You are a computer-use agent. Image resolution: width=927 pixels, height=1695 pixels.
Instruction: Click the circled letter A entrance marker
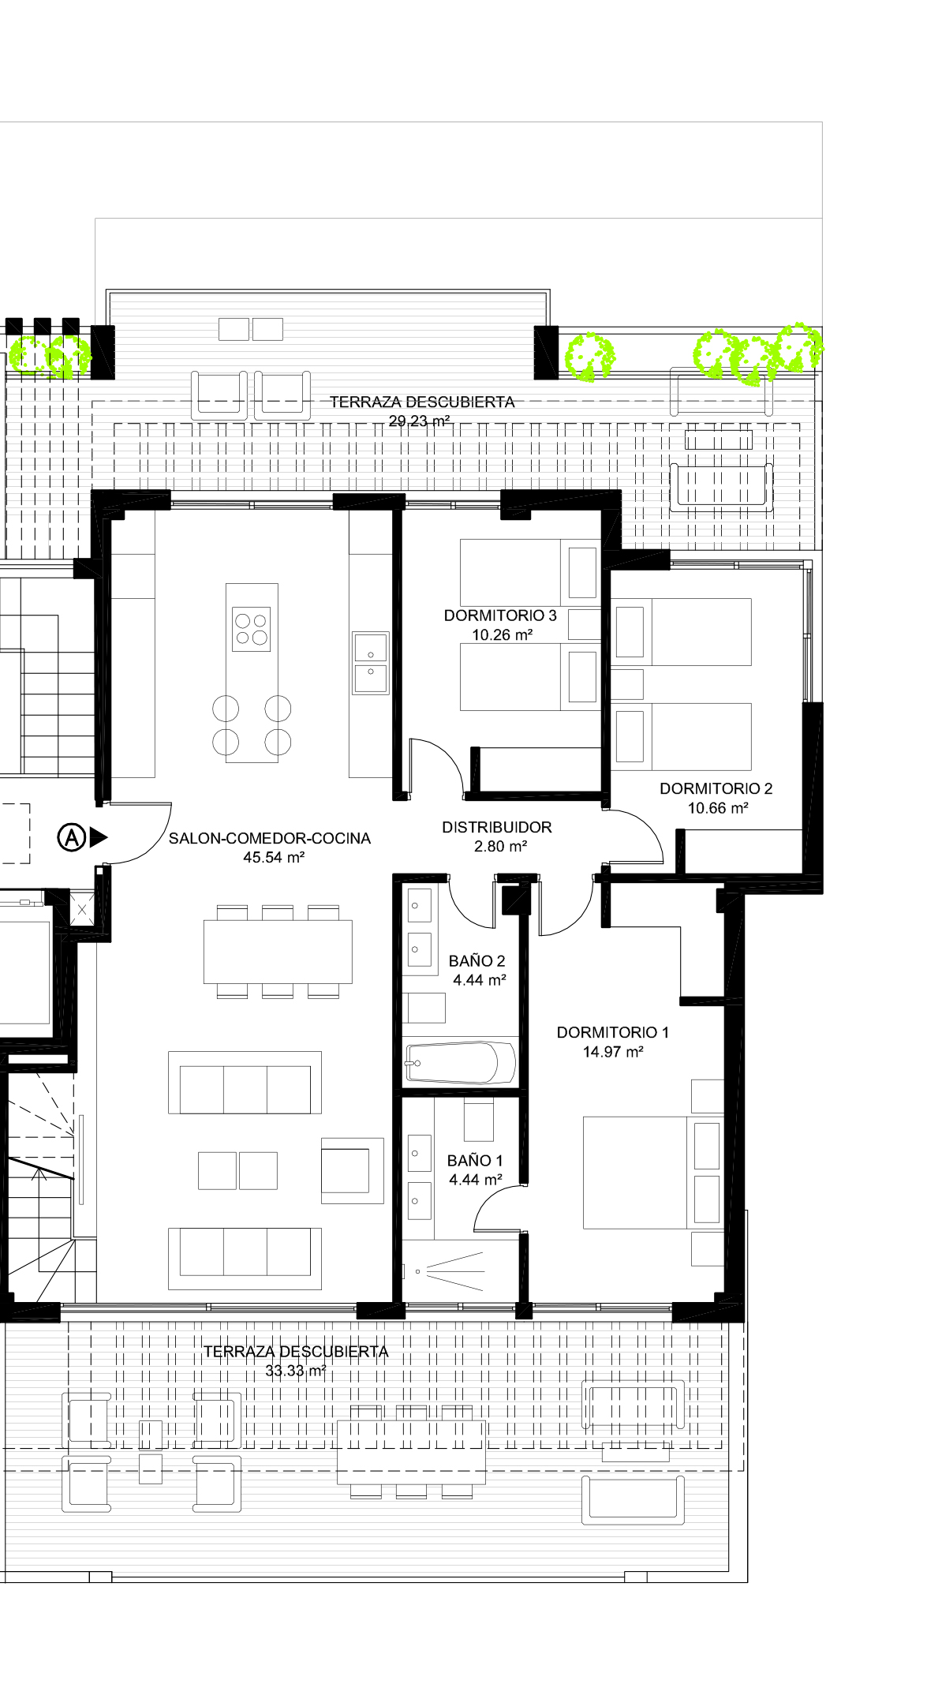coord(71,837)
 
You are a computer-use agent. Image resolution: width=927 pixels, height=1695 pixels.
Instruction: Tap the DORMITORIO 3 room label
coord(500,616)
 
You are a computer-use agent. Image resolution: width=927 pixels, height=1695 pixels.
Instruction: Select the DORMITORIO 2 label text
coord(716,788)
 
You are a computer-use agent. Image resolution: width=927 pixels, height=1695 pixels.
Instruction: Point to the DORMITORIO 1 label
coord(613,1032)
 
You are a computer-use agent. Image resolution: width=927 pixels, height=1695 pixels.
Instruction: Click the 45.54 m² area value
coord(274,858)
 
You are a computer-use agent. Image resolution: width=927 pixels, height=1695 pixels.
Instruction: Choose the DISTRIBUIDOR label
coord(497,827)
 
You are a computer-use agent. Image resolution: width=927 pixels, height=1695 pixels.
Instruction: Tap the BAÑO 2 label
coord(477,960)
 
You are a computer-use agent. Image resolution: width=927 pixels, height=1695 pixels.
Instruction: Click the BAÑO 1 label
coord(475,1160)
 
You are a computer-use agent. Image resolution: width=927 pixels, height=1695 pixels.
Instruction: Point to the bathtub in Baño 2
coord(461,1062)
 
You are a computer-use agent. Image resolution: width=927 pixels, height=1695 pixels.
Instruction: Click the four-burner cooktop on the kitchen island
coord(252,629)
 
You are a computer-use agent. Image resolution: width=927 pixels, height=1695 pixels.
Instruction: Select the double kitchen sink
coord(371,663)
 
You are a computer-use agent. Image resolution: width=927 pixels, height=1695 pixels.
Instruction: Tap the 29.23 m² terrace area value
coord(419,421)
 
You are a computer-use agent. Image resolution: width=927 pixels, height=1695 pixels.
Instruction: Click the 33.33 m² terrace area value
coord(296,1371)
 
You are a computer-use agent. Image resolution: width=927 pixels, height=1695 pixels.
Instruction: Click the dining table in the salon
coord(278,952)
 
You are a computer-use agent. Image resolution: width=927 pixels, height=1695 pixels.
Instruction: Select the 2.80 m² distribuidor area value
coord(500,847)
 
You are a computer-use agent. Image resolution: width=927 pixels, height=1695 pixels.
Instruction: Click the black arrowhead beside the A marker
coord(99,837)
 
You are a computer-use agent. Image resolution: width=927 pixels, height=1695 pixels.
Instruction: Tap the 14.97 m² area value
coord(613,1052)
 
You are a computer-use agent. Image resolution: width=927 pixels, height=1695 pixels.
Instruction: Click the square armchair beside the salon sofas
coord(353,1170)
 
